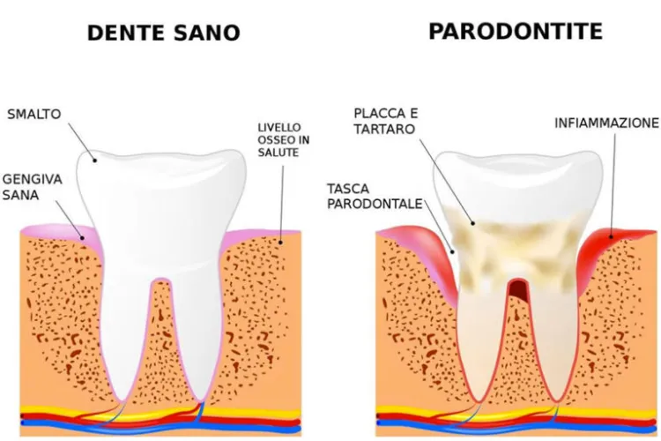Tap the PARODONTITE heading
click(x=516, y=31)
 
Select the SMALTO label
click(x=34, y=114)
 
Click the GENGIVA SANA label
click(x=32, y=187)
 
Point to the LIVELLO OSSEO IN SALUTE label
click(x=283, y=139)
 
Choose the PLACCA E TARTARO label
click(x=386, y=121)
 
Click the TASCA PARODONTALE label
click(x=375, y=196)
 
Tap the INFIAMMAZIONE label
click(x=606, y=123)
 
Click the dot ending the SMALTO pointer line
click(x=95, y=161)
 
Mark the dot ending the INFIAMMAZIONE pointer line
click(x=611, y=236)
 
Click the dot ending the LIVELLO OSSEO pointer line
click(x=281, y=243)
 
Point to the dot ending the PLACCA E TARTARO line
click(x=473, y=223)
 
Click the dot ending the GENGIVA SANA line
click(x=83, y=238)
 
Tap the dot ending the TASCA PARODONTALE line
click(x=453, y=252)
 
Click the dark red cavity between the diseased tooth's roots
click(x=517, y=290)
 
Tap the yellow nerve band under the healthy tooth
click(x=160, y=412)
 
